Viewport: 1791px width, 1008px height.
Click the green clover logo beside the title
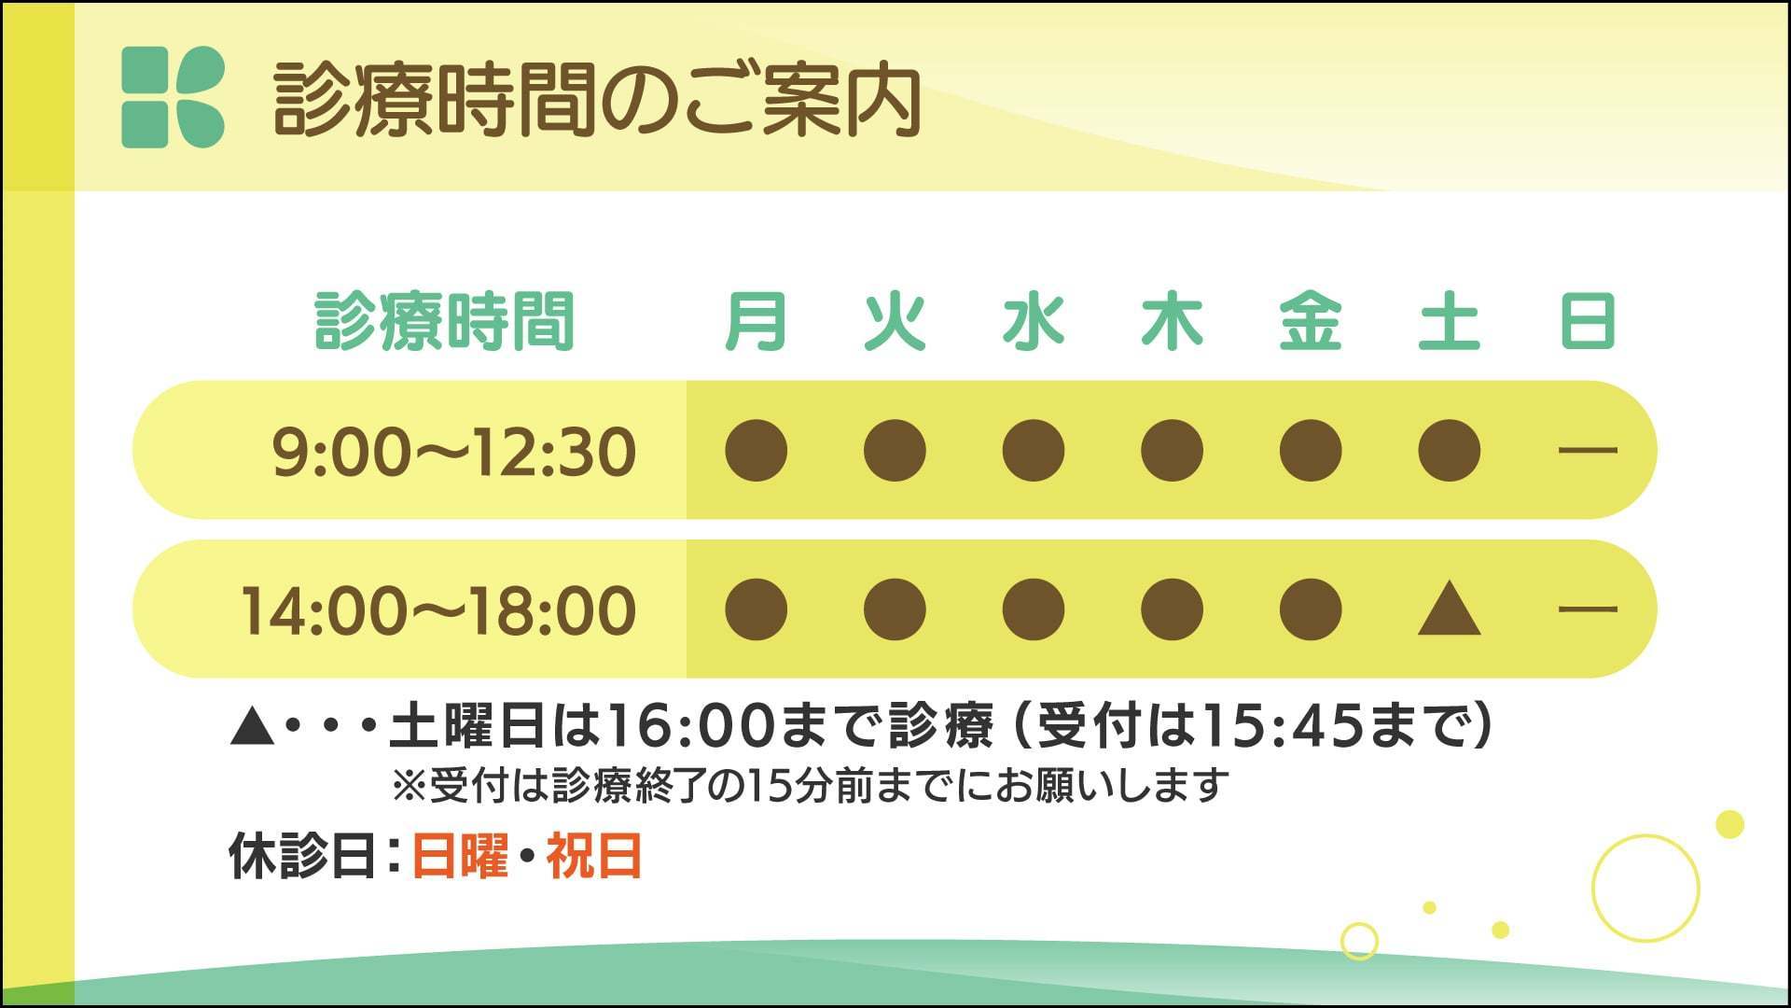174,97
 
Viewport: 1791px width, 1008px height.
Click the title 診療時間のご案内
598,100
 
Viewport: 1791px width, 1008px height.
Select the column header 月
756,321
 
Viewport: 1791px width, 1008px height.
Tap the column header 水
1034,321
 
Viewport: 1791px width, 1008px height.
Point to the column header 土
1449,321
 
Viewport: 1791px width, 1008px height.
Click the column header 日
1588,321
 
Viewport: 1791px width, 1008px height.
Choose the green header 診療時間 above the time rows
444,321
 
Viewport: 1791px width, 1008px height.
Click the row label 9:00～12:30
454,452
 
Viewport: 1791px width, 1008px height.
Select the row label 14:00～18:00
438,610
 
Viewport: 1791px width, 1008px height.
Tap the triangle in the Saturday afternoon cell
1449,610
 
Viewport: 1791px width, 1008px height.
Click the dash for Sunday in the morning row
1588,450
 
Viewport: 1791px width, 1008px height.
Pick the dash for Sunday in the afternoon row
1588,609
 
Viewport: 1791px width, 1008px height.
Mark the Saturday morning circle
1449,450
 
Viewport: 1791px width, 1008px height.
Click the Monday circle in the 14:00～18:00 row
756,609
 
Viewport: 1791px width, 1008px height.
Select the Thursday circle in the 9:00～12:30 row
1172,450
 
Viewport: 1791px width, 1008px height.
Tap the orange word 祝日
594,855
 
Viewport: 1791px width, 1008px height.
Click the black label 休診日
302,855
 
